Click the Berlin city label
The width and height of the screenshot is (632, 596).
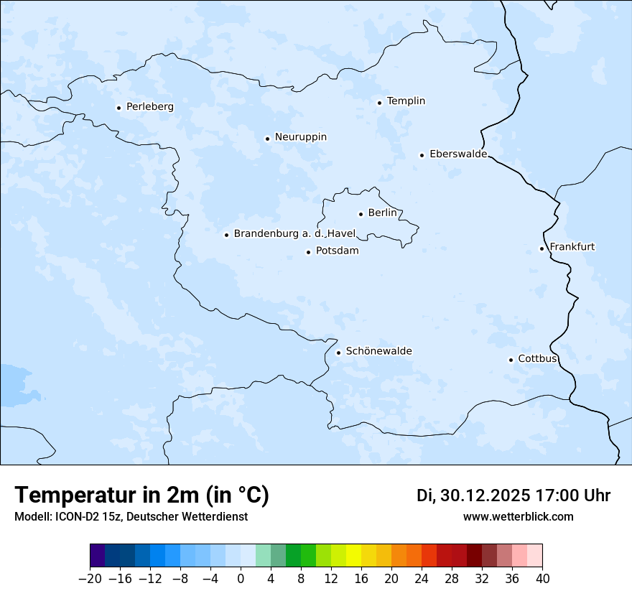(382, 213)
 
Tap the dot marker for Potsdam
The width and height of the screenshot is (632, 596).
(308, 252)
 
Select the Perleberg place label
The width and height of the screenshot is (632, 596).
(149, 107)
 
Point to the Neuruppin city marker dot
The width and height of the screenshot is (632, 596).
(267, 139)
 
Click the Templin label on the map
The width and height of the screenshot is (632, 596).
(406, 101)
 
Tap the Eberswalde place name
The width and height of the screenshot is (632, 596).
(458, 154)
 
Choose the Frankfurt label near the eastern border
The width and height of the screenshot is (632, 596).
(572, 247)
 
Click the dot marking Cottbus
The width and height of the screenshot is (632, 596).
(511, 360)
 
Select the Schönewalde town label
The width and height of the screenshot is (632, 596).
(378, 351)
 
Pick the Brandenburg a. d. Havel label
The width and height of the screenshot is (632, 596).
(294, 234)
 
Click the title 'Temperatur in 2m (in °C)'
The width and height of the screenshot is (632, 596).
(142, 495)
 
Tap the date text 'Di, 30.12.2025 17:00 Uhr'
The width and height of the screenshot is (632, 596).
(513, 495)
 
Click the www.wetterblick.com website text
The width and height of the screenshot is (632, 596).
(518, 517)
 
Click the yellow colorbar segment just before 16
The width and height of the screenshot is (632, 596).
(353, 556)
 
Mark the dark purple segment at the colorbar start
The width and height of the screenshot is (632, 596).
(98, 556)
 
